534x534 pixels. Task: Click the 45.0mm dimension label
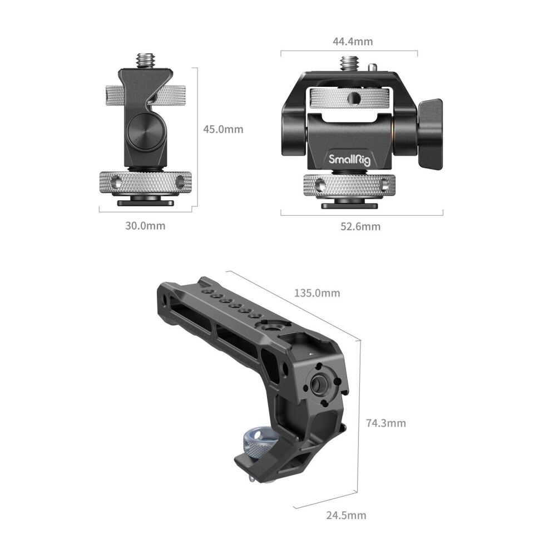(x=223, y=130)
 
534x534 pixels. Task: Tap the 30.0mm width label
(x=145, y=226)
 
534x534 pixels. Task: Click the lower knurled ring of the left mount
(x=145, y=182)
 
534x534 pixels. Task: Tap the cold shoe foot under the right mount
(x=350, y=205)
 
